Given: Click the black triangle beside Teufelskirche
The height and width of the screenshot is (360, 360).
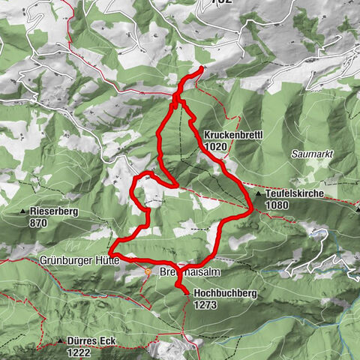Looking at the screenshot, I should click(259, 194).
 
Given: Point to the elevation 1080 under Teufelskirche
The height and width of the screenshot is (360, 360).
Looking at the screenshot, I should click(277, 205).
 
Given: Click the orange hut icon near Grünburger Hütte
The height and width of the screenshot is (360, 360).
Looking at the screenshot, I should click(149, 272).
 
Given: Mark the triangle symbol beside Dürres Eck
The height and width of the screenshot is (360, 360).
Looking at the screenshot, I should click(59, 341).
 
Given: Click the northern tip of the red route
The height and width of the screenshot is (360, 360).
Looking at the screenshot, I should click(202, 70).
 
